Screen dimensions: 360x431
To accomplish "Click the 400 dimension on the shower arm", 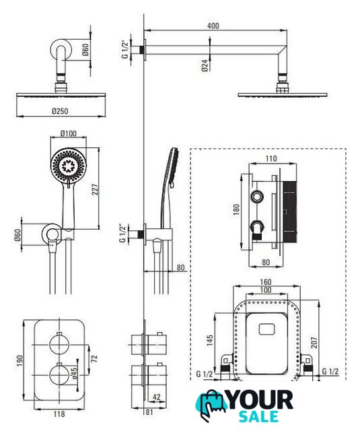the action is click(x=213, y=26).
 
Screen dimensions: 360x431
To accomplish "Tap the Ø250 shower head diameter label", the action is click(x=60, y=111).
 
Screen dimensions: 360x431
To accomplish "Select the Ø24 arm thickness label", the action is click(x=205, y=66).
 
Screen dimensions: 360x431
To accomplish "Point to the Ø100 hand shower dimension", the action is click(x=69, y=133).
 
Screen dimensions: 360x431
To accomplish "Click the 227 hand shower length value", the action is click(x=95, y=189).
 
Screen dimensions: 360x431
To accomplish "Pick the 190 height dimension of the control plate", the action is click(x=20, y=361).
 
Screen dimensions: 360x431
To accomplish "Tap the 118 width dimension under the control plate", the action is click(x=59, y=414).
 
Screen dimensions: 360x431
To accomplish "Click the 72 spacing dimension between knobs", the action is click(x=94, y=358).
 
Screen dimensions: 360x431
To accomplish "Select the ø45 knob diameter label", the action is click(x=75, y=373).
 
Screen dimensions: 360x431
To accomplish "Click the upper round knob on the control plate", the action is click(x=59, y=344).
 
